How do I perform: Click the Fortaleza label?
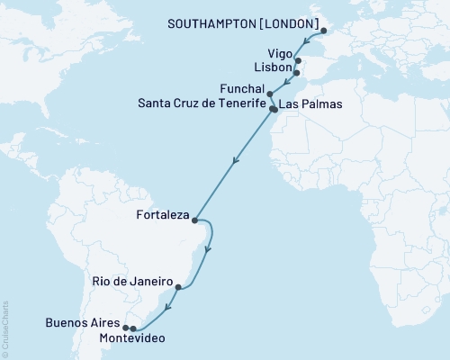[162, 216]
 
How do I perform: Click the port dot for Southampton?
[325, 32]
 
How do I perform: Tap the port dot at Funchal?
[269, 93]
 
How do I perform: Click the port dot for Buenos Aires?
[125, 328]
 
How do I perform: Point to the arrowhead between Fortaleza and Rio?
[208, 250]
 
